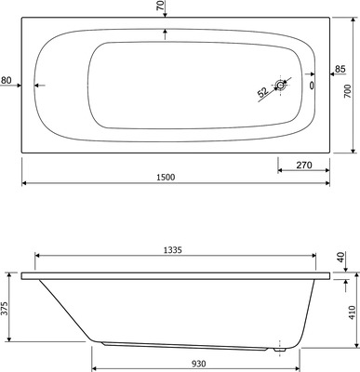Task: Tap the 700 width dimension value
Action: (x=348, y=89)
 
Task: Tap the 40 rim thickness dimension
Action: (x=340, y=257)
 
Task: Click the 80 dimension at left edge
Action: (x=7, y=81)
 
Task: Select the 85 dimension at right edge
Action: (x=340, y=71)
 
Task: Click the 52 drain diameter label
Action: (x=263, y=92)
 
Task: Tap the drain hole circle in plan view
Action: (x=281, y=88)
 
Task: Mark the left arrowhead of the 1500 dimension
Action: (x=23, y=181)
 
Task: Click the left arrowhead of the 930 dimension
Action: (x=92, y=354)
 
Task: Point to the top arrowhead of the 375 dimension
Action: (x=15, y=276)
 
